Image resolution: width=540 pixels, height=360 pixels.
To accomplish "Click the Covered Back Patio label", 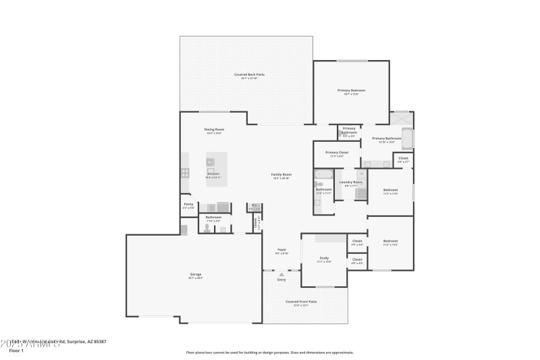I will coord(249,74).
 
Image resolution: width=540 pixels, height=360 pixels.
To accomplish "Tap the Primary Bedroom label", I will coord(351,90).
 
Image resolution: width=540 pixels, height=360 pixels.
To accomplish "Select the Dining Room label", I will coord(215,129).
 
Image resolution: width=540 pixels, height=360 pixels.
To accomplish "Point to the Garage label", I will coord(195,274).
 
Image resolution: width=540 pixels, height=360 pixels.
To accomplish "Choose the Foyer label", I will coord(281,250).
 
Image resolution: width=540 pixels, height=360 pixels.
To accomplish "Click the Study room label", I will coord(324,257).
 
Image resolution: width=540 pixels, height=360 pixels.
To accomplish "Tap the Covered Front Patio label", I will coord(301,302).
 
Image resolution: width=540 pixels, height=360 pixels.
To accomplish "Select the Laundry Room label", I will coord(350,182).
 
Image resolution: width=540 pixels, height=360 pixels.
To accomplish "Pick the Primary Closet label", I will coord(337,153).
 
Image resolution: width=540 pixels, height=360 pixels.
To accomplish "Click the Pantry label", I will coord(188,204).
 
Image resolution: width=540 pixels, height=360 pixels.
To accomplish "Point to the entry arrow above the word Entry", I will coord(281,274).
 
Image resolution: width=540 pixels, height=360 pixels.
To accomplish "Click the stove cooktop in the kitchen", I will coord(185,173).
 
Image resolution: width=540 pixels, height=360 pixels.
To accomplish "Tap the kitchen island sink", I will coord(211,162).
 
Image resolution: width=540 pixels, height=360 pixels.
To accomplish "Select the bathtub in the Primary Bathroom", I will coord(407,138).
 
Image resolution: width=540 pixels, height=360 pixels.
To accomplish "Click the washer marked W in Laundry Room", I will coord(362,174).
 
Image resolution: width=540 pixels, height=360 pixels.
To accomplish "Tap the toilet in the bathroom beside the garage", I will coord(207,229).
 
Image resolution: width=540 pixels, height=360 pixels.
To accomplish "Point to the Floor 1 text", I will coord(16,351).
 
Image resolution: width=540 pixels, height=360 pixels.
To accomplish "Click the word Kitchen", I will coord(213,174).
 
